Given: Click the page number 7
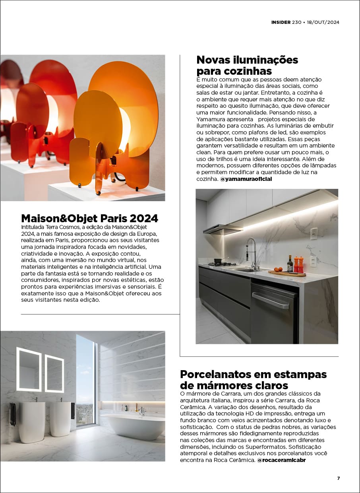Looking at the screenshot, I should [338, 478].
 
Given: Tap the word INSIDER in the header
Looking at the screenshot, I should [281, 23].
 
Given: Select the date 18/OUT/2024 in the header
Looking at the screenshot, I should [323, 23].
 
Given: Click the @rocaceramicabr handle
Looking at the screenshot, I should [281, 460].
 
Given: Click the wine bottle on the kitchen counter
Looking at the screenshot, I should [290, 264].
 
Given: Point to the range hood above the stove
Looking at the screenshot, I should [223, 229].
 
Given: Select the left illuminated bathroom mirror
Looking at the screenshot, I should [29, 369].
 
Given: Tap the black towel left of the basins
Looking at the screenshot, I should [13, 414].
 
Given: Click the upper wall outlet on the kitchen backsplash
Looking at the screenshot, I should [314, 233].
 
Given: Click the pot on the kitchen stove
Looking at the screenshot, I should [218, 260].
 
